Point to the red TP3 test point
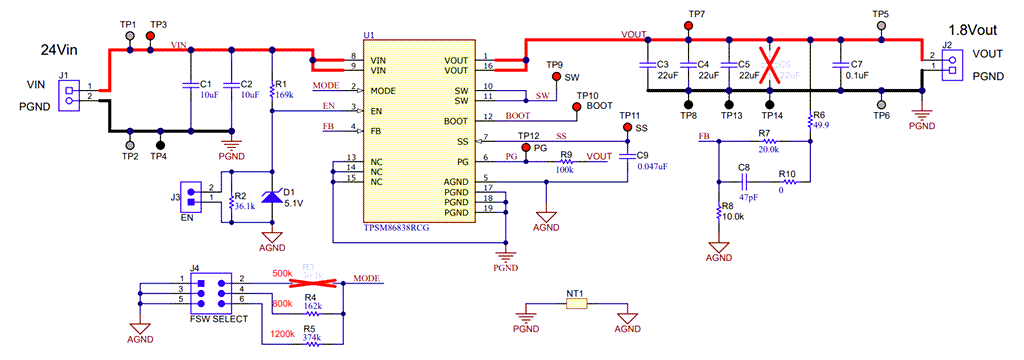coord(151,35)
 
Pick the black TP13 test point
coord(730,103)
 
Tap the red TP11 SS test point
coord(628,129)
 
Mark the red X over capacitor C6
coord(770,66)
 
